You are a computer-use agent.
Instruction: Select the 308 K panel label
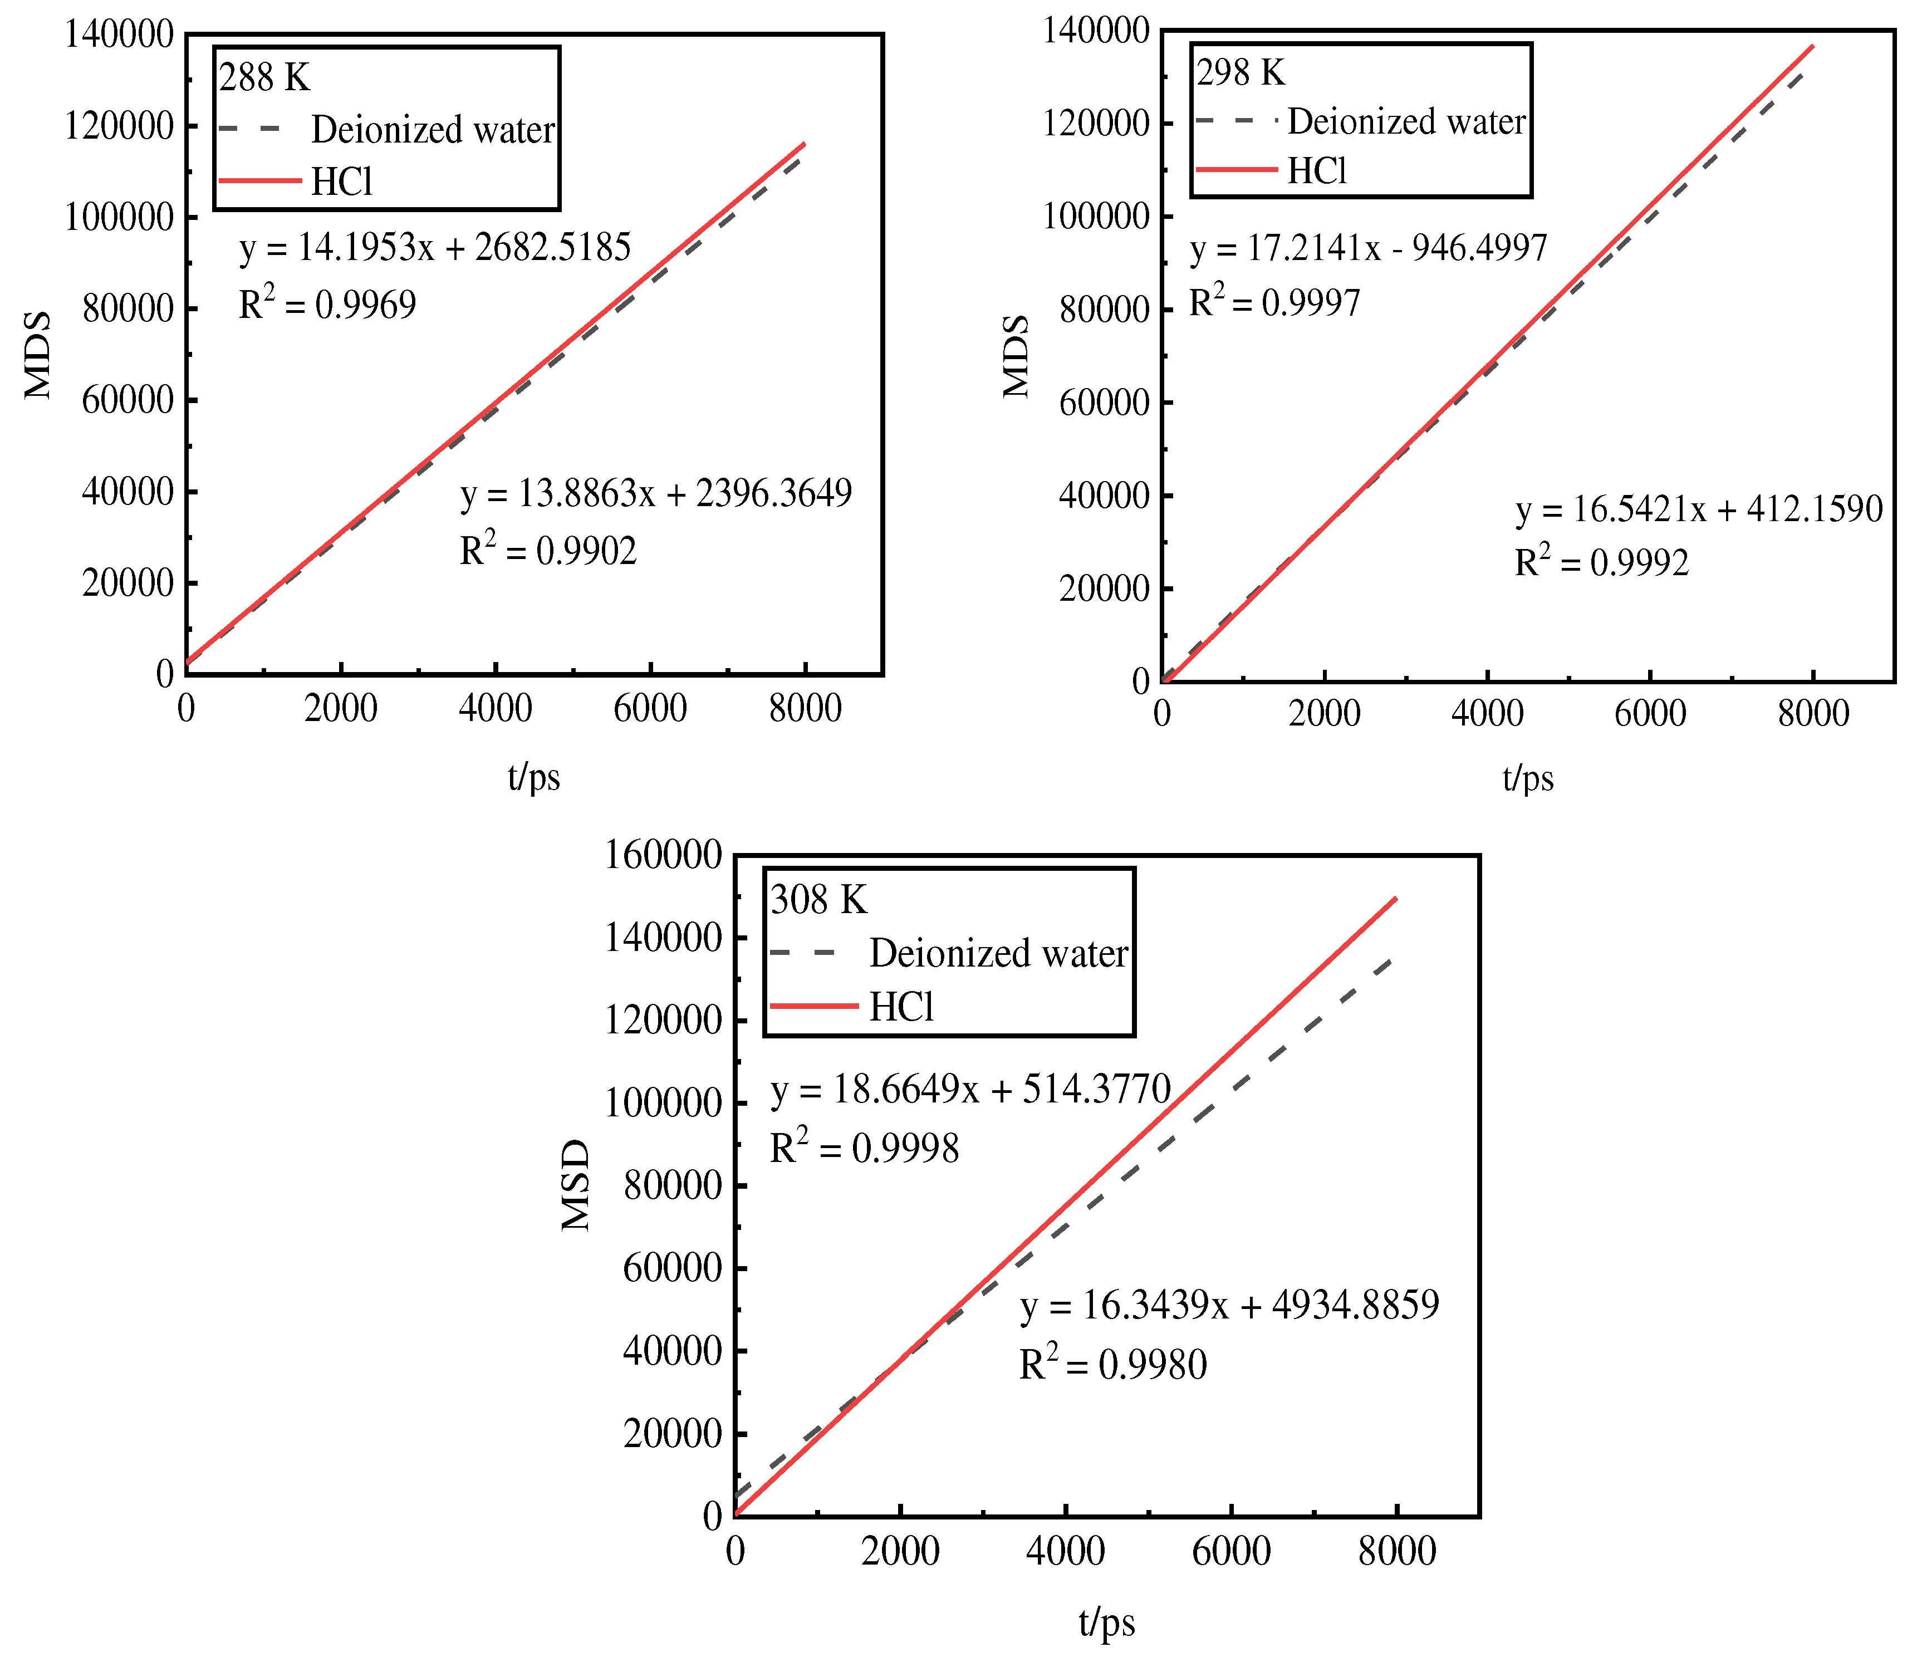pyautogui.click(x=818, y=900)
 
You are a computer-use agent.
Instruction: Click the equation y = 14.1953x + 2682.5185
pyautogui.click(x=435, y=248)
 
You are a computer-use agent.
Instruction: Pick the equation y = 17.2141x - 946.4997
pyautogui.click(x=1368, y=248)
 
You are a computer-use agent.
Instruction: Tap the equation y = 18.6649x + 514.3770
pyautogui.click(x=970, y=1089)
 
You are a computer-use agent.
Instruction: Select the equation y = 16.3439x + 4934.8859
pyautogui.click(x=1229, y=1306)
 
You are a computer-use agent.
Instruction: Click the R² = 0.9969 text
pyautogui.click(x=327, y=304)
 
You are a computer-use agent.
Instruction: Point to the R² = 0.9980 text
pyautogui.click(x=1113, y=1364)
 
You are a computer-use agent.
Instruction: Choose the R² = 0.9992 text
pyautogui.click(x=1602, y=562)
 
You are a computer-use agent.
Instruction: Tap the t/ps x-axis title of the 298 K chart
pyautogui.click(x=1527, y=777)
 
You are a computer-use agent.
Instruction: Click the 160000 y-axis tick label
pyautogui.click(x=662, y=855)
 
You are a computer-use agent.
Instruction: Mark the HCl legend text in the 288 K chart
pyautogui.click(x=341, y=182)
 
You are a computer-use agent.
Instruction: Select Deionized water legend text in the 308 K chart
pyautogui.click(x=998, y=953)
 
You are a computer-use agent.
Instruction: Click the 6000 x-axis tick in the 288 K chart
pyautogui.click(x=650, y=709)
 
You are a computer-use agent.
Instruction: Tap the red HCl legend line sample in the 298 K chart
pyautogui.click(x=1236, y=170)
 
